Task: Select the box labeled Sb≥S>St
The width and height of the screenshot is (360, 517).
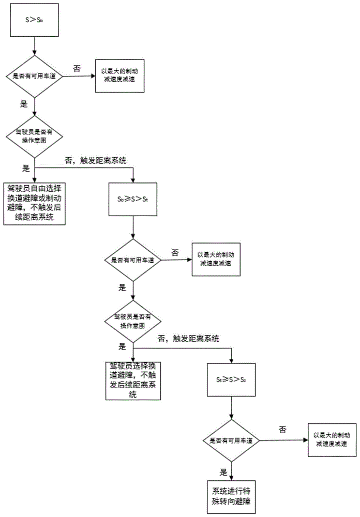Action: click(x=134, y=199)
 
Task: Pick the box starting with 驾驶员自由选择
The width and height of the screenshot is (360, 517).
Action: click(x=35, y=203)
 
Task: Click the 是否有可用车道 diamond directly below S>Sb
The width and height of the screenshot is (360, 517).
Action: click(x=34, y=76)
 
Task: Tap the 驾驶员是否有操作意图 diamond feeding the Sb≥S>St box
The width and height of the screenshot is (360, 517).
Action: click(x=34, y=136)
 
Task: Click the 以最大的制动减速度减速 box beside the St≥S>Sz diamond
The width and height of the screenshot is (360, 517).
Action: click(x=331, y=440)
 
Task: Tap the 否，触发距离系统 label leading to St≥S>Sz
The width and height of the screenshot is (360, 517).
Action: click(x=189, y=339)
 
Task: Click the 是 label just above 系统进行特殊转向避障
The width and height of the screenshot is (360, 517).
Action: click(x=224, y=472)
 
